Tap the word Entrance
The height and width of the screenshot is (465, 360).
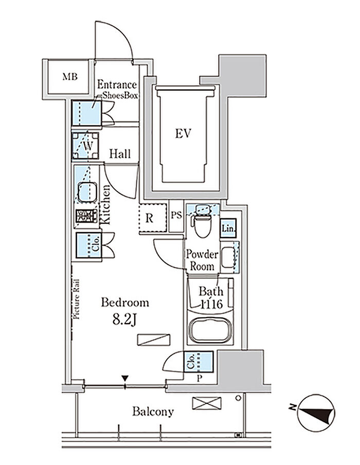(x=117, y=85)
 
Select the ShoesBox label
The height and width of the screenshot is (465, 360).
(x=120, y=95)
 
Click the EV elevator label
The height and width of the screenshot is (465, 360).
(x=183, y=134)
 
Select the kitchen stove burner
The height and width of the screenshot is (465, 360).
(x=86, y=216)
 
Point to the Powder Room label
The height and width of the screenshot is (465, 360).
(x=202, y=260)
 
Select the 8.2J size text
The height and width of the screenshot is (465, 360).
(x=125, y=319)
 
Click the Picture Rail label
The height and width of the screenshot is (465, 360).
(x=76, y=299)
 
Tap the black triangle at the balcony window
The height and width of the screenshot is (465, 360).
(x=125, y=379)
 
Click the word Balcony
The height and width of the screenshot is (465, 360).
(x=153, y=412)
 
